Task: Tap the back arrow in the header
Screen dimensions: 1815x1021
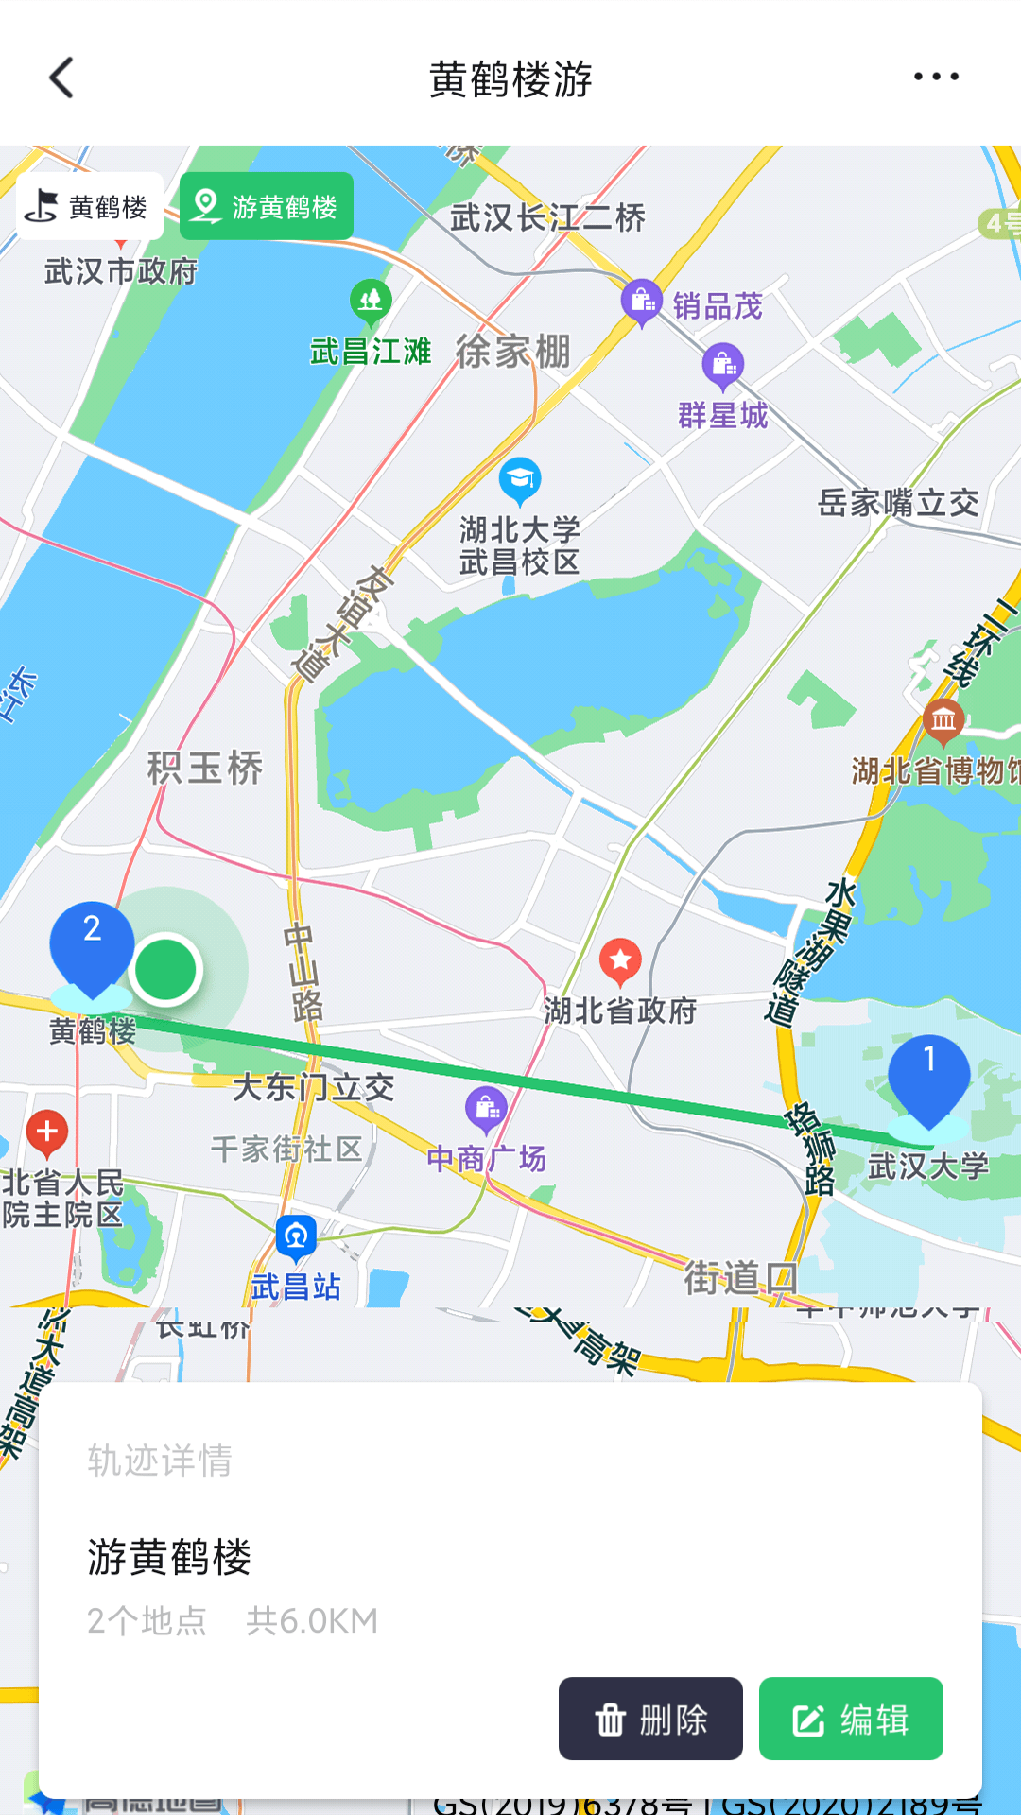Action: pyautogui.click(x=62, y=78)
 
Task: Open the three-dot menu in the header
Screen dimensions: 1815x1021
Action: pyautogui.click(x=936, y=77)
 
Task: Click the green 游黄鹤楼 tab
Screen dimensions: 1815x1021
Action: pyautogui.click(x=267, y=206)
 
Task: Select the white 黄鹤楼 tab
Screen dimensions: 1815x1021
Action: pyautogui.click(x=90, y=206)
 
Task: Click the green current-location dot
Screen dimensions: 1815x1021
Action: pyautogui.click(x=165, y=969)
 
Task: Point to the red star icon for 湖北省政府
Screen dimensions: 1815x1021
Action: pyautogui.click(x=620, y=960)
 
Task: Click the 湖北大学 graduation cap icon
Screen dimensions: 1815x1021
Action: pyautogui.click(x=519, y=478)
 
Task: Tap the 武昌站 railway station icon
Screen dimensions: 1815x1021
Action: pyautogui.click(x=296, y=1235)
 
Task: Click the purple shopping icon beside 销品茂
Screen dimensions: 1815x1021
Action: pyautogui.click(x=642, y=301)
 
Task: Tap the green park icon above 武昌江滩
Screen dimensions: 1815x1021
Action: pyautogui.click(x=371, y=301)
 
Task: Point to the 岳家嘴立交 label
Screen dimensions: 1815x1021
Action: pyautogui.click(x=898, y=503)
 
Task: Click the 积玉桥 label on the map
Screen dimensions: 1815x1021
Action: pyautogui.click(x=205, y=768)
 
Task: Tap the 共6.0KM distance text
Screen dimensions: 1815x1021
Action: pyautogui.click(x=312, y=1621)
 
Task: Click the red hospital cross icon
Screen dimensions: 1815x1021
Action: pyautogui.click(x=47, y=1132)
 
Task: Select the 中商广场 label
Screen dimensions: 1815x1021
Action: pyautogui.click(x=486, y=1158)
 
